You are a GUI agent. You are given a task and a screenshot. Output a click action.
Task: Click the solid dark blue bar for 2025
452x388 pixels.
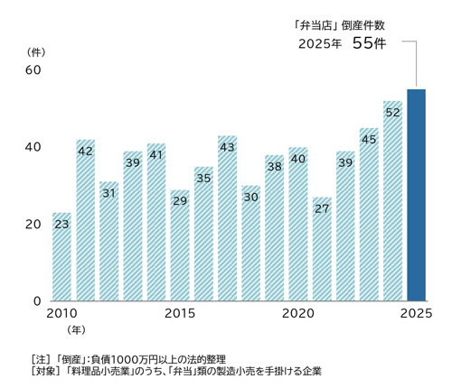pyautogui.click(x=416, y=194)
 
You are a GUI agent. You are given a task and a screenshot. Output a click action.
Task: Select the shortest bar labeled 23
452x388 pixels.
pyautogui.click(x=61, y=257)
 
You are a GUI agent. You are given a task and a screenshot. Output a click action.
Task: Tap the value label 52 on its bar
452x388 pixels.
pyautogui.click(x=392, y=113)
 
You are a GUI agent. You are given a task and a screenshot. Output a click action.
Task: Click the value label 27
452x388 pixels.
pyautogui.click(x=322, y=208)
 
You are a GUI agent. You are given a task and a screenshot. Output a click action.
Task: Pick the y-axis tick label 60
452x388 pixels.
pyautogui.click(x=33, y=69)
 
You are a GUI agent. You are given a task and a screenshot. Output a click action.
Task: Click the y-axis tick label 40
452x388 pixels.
pyautogui.click(x=33, y=147)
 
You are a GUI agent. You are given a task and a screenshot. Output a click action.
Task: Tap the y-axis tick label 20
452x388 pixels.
pyautogui.click(x=33, y=224)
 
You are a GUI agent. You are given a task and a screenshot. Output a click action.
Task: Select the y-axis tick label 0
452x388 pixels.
pyautogui.click(x=37, y=300)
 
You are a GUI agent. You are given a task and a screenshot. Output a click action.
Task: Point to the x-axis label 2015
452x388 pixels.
pyautogui.click(x=180, y=314)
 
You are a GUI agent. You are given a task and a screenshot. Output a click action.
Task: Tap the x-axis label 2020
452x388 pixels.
pyautogui.click(x=298, y=314)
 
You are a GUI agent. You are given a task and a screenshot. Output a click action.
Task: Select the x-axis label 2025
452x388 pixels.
pyautogui.click(x=416, y=314)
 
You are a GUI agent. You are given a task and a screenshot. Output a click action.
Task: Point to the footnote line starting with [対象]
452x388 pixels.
pyautogui.click(x=176, y=371)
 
